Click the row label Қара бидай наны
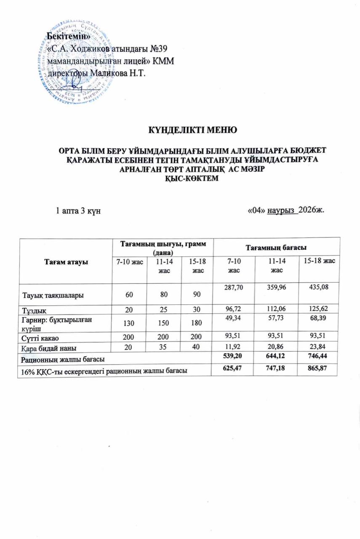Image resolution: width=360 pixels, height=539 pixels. coord(48,348)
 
